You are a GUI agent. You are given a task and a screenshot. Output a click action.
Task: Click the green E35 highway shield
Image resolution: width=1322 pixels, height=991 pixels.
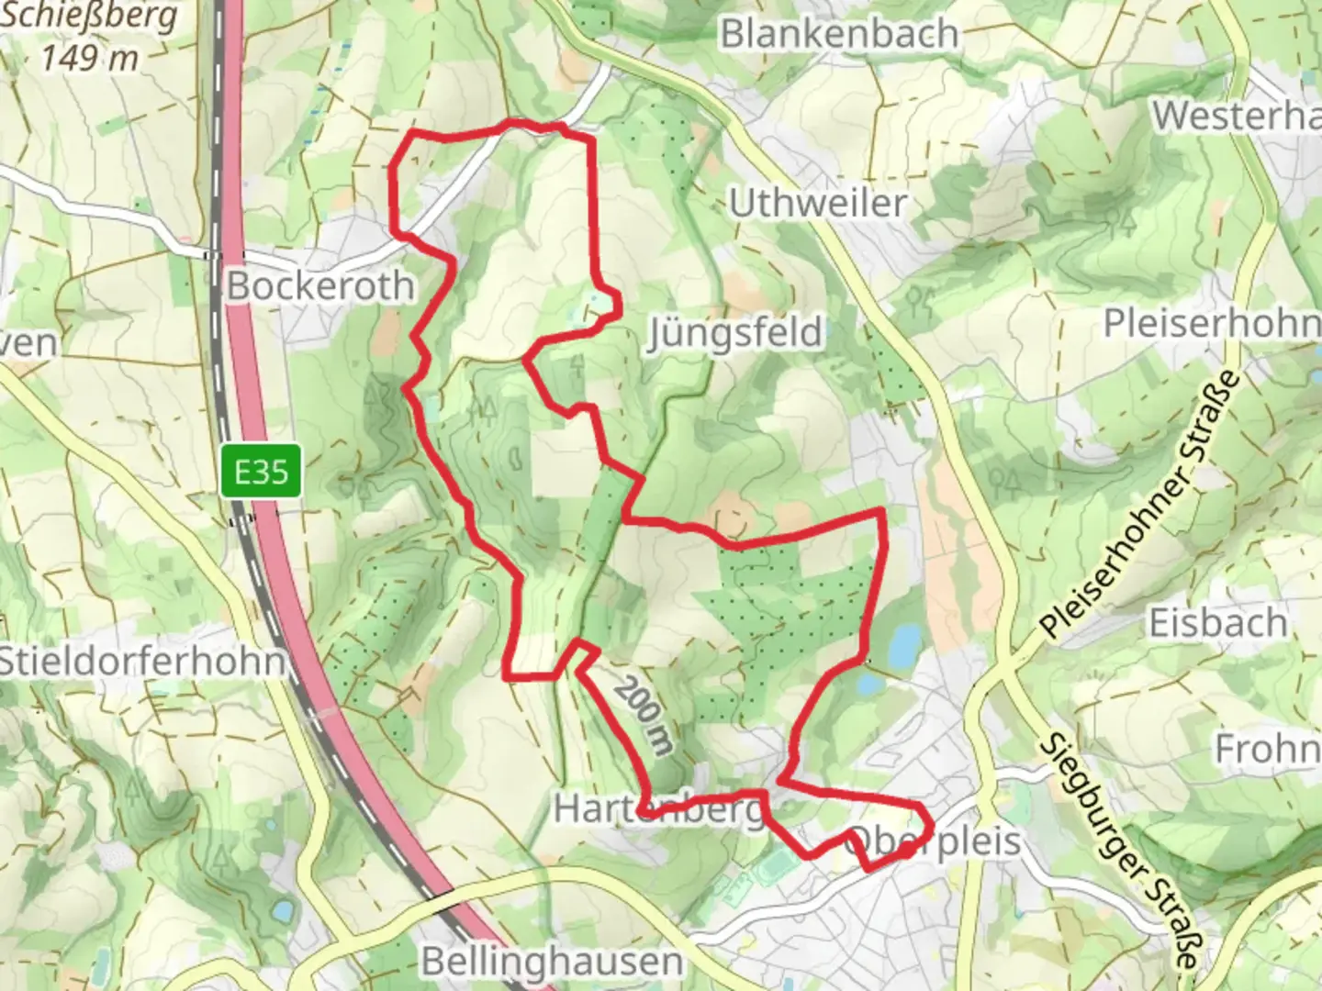point(262,472)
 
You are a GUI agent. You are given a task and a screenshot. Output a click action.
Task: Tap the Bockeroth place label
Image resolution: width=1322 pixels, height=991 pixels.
point(320,286)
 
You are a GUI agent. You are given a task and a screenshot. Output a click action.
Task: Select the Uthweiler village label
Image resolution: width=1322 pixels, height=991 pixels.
point(818,203)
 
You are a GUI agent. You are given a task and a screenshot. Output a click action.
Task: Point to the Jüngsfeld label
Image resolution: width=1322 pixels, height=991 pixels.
point(734,332)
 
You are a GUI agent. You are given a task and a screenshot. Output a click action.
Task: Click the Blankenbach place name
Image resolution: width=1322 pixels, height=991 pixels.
point(839,34)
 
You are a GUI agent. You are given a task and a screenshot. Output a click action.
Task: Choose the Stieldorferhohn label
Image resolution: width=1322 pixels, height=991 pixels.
point(140,661)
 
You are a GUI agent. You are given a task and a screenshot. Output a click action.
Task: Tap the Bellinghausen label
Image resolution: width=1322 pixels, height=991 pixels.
point(552,962)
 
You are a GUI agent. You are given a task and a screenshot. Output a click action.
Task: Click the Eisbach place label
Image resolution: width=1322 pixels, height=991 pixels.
point(1217,623)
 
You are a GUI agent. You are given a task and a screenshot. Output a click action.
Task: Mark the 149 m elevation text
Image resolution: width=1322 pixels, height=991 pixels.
point(90,58)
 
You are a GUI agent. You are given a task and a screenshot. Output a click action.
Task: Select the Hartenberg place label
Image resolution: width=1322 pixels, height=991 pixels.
point(659,809)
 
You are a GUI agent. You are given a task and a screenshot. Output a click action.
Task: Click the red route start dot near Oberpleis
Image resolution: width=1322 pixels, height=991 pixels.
point(905,852)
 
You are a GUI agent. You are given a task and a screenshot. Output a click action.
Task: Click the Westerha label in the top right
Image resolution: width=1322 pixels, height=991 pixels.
point(1236,117)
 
